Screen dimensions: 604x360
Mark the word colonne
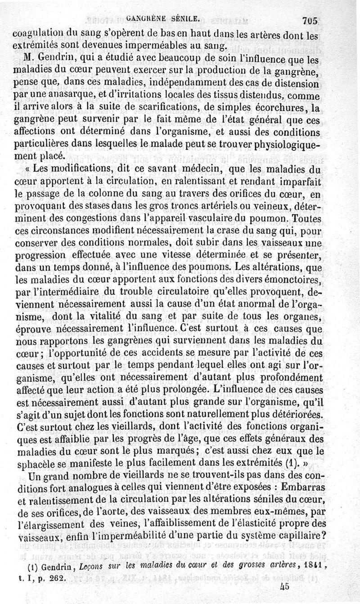pyautogui.click(x=111, y=195)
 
